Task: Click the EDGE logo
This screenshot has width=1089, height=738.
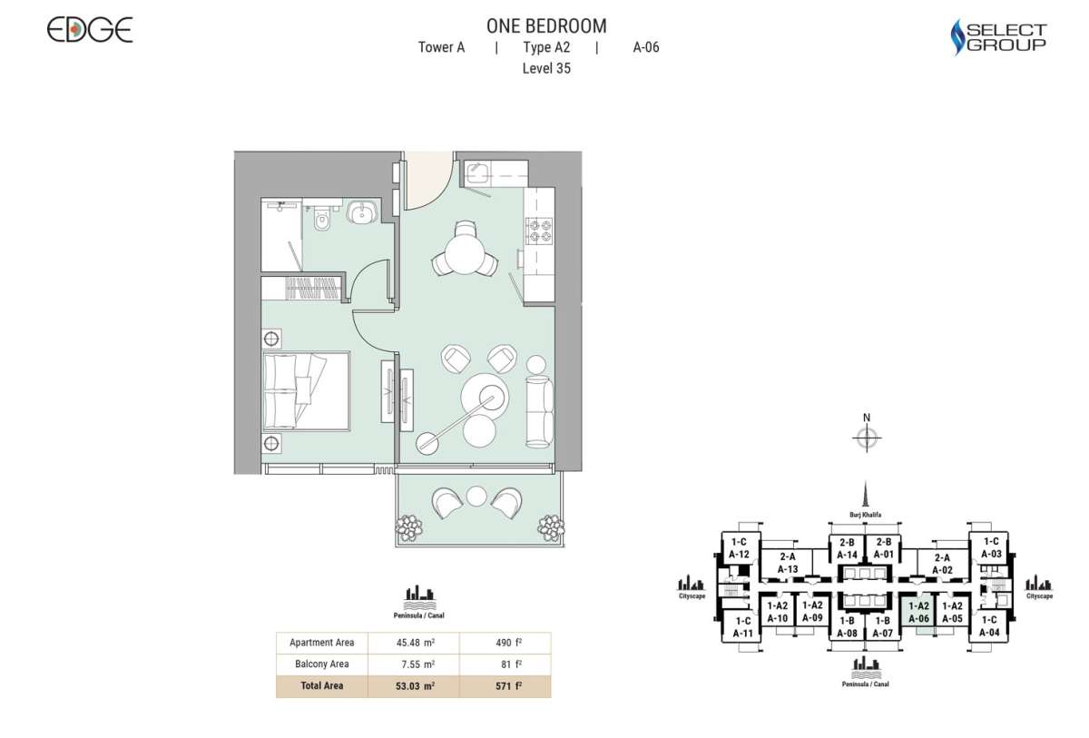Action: [90, 30]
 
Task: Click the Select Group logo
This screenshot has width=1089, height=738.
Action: [998, 37]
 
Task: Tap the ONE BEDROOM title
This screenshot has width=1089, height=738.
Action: [546, 26]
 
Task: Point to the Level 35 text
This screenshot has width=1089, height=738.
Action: [546, 68]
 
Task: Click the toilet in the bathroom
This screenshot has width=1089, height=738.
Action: [318, 219]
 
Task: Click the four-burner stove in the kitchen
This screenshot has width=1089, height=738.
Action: [540, 231]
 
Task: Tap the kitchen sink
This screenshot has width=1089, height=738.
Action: [478, 173]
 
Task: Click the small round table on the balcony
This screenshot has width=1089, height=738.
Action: [477, 496]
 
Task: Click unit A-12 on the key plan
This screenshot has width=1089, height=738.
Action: [739, 548]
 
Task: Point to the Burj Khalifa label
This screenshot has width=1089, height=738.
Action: [867, 514]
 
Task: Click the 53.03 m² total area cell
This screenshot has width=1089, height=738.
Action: [414, 686]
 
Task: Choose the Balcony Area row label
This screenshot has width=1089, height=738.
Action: [322, 664]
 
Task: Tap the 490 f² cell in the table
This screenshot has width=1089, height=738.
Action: [505, 643]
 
